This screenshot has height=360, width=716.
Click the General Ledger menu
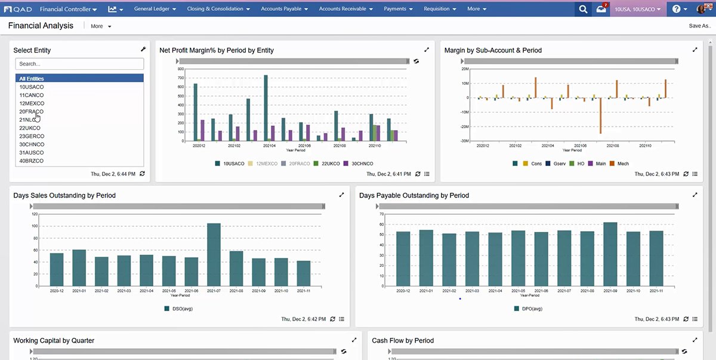tap(155, 9)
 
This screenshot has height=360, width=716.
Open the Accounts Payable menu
tap(284, 9)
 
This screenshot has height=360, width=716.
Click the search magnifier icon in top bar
tap(584, 10)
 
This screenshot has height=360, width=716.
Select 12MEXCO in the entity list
tap(32, 103)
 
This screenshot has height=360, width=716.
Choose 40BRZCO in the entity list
tap(32, 161)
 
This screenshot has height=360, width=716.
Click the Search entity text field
tap(79, 64)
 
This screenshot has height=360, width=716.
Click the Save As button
tap(699, 26)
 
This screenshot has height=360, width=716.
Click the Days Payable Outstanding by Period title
tap(414, 195)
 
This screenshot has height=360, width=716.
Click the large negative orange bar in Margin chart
tap(600, 116)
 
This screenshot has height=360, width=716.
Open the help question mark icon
tap(676, 10)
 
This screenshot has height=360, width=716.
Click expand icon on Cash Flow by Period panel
tap(695, 340)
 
